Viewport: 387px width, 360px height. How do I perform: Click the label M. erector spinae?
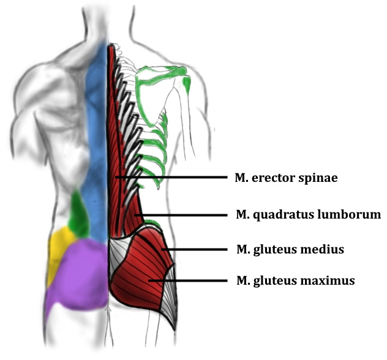(287, 178)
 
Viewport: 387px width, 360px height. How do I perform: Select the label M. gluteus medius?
(290, 250)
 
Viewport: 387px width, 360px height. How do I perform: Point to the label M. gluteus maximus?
(295, 281)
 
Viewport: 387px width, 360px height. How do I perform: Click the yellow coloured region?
(58, 251)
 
